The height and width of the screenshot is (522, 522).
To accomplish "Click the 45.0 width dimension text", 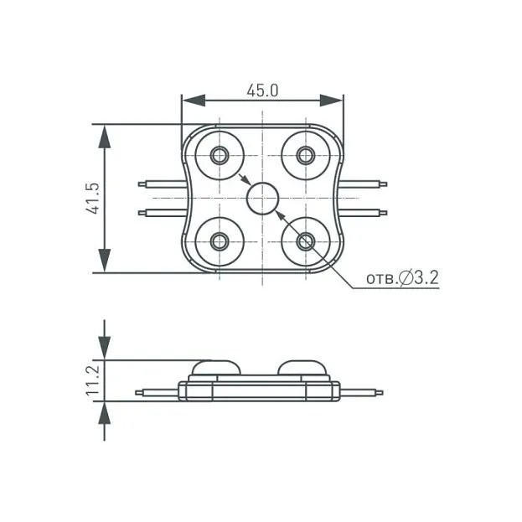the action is pos(262,90).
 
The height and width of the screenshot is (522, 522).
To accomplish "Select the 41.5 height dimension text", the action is pos(93,199).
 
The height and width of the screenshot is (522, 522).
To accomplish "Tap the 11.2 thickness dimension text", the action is pos(93,380).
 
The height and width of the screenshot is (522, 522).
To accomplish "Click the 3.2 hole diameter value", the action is pos(426,277).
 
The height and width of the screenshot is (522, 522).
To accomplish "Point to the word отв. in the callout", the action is pos(383,279).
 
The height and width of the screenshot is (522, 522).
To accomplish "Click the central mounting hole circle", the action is pos(262,199).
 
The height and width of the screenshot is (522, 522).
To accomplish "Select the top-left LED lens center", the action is pos(220,155).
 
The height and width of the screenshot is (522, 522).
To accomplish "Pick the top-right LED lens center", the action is pos(306,155).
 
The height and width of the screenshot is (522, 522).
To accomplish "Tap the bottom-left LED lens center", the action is pos(220,241).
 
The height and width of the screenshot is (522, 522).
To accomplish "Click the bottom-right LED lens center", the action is pos(306,241).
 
